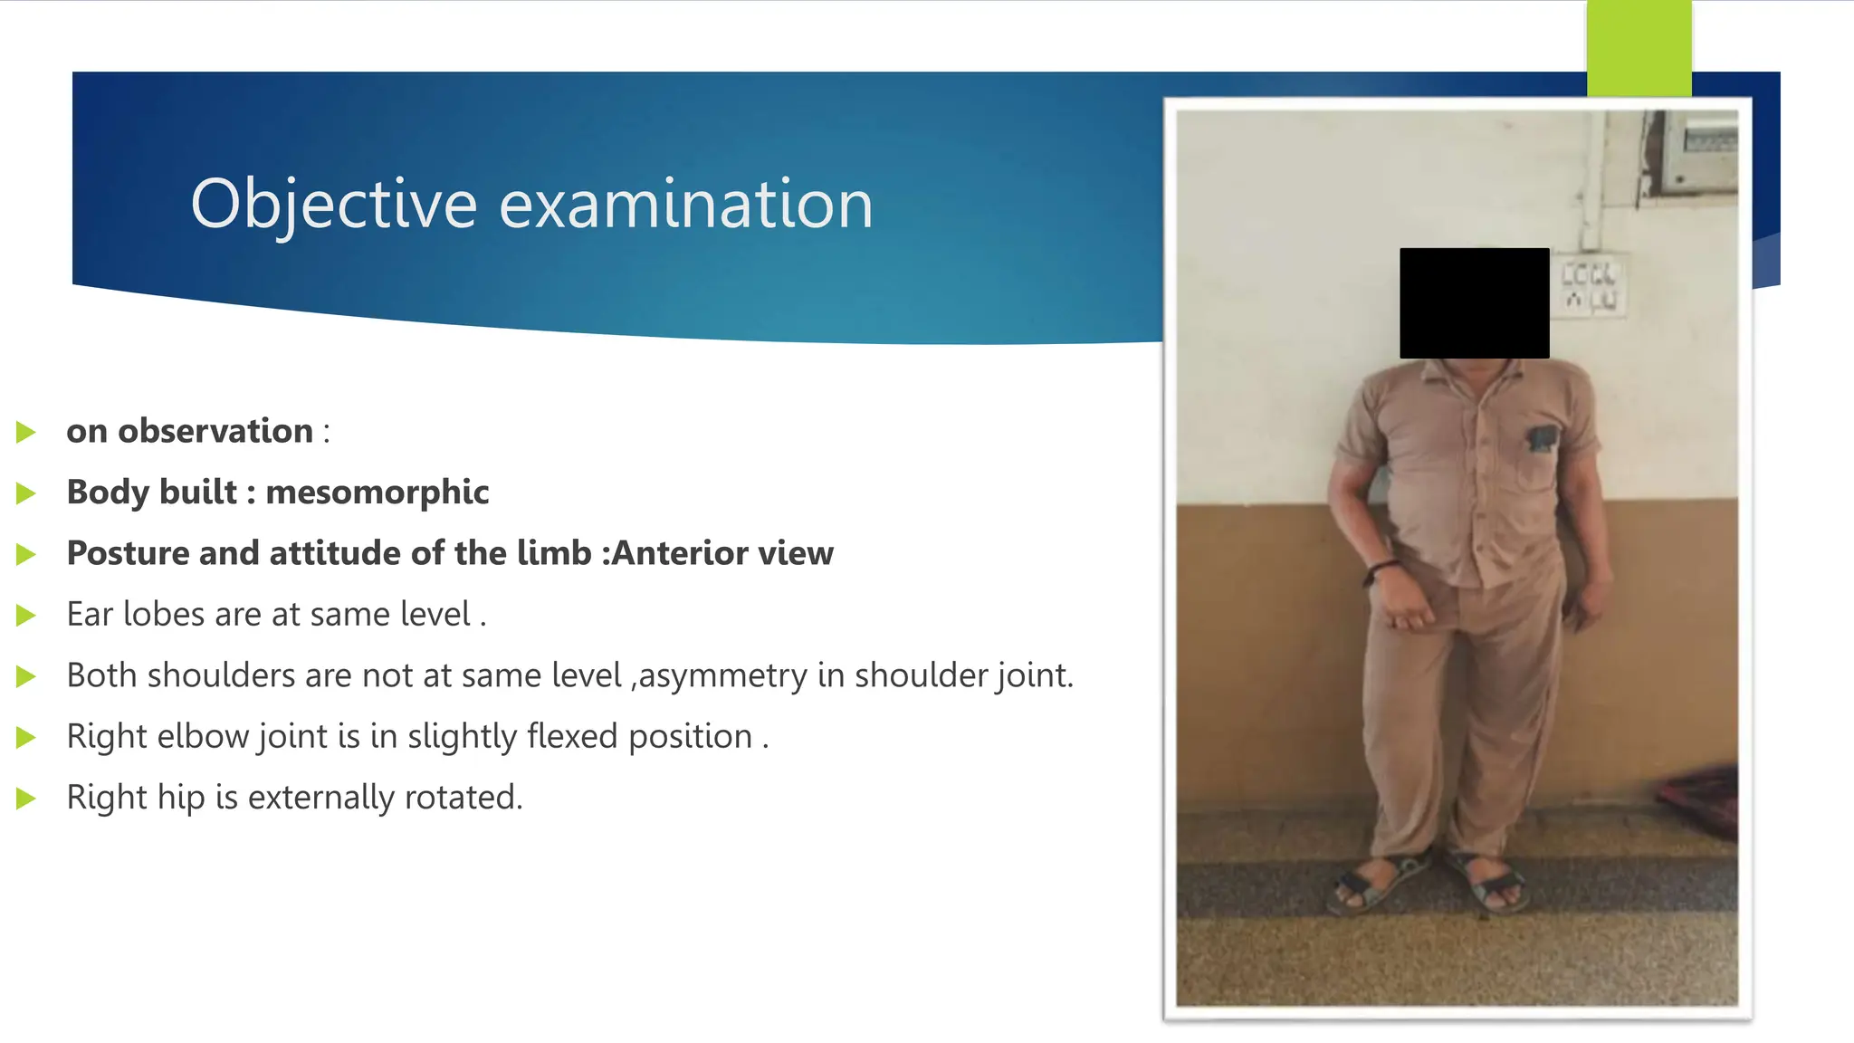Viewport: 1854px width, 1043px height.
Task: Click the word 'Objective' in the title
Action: (333, 205)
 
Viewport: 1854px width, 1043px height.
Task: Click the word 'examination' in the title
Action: (686, 205)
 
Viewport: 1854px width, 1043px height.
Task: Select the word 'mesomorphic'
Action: (377, 493)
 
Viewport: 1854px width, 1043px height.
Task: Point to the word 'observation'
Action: (215, 432)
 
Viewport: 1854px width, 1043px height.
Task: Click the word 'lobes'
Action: (164, 615)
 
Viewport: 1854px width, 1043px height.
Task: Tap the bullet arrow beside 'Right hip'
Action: (26, 799)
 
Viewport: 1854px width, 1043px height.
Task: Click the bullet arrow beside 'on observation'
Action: (26, 433)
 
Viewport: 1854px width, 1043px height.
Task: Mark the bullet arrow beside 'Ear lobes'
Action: (26, 616)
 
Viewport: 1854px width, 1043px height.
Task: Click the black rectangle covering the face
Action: (1474, 303)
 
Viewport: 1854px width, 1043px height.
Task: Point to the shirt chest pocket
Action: (1540, 457)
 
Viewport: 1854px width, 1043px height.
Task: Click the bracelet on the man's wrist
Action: (1381, 570)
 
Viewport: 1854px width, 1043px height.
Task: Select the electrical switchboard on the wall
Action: (1591, 284)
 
